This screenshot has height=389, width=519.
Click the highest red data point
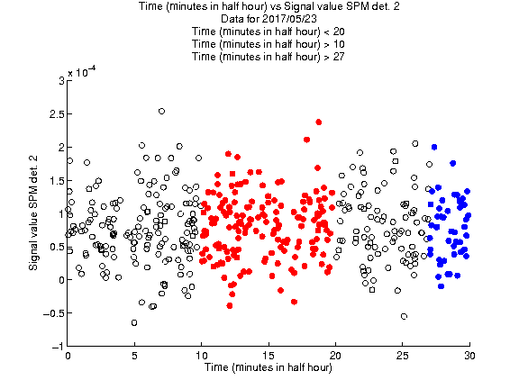319,122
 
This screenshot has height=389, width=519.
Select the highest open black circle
161,111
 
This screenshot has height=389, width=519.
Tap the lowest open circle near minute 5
134,322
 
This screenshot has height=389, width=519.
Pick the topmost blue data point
434,147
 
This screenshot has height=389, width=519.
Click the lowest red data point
230,305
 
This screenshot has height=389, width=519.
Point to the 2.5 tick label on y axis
56,114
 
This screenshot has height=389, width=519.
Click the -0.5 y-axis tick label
54,313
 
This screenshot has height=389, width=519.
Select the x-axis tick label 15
269,356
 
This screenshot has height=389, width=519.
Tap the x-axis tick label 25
402,356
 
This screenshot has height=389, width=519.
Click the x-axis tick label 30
469,356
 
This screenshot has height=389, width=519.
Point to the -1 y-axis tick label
58,347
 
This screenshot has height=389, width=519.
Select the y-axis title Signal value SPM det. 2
33,213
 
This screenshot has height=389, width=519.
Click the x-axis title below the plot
269,367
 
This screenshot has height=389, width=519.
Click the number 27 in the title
339,57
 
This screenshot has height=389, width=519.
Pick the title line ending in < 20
269,32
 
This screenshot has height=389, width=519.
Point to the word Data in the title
232,19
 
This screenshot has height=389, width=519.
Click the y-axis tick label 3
61,81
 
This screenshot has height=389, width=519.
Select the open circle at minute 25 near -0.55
404,316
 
